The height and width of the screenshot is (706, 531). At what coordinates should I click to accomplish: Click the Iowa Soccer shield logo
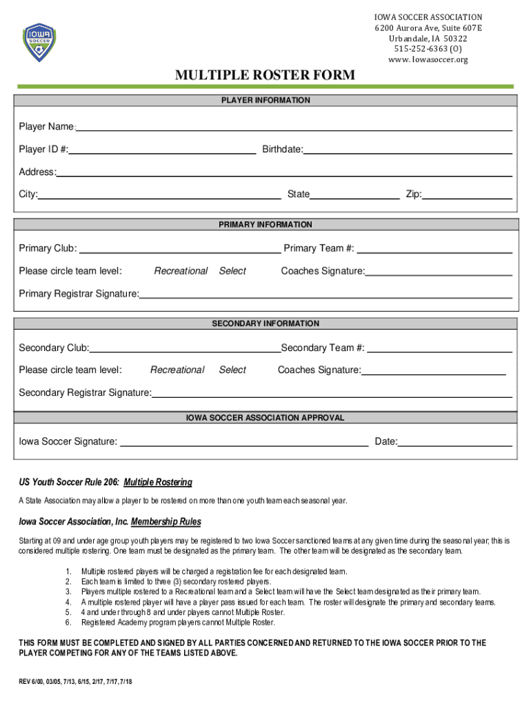[39, 42]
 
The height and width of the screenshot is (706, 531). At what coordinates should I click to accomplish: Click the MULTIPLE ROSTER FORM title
[265, 75]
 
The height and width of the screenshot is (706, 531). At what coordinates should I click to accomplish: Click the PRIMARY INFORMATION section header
[265, 225]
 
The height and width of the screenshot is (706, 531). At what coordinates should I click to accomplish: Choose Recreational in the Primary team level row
[181, 271]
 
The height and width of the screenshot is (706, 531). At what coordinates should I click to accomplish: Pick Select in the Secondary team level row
[232, 370]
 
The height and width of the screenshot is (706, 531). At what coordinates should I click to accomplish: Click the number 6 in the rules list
[68, 622]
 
